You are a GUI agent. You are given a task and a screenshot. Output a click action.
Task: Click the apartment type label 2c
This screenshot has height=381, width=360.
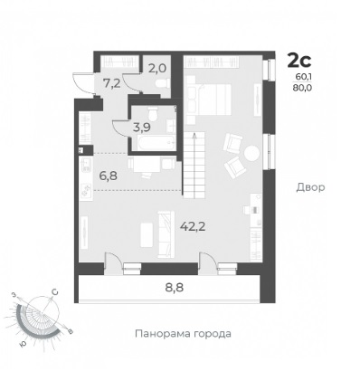click(299, 60)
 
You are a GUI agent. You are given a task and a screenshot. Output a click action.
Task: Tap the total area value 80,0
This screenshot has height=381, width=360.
click(303, 88)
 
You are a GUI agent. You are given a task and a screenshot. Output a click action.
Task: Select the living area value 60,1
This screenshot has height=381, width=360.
click(303, 77)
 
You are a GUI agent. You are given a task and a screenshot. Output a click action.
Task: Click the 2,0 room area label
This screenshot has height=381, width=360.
click(156, 69)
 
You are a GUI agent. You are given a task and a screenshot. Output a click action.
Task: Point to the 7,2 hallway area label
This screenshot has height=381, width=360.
click(111, 83)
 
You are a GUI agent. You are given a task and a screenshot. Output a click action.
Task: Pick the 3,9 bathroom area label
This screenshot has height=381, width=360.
click(142, 128)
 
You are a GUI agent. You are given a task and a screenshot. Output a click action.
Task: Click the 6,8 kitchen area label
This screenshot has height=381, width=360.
click(108, 176)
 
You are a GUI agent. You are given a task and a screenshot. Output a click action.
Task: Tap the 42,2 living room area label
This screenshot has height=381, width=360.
click(193, 226)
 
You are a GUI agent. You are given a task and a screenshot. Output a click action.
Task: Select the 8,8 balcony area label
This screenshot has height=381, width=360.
click(175, 288)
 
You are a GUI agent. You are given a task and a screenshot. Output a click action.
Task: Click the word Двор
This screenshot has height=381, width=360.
click(310, 187)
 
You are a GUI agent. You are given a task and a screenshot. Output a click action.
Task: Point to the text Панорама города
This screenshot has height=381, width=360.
click(183, 334)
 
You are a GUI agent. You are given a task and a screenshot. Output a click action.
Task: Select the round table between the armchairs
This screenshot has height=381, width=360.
click(251, 154)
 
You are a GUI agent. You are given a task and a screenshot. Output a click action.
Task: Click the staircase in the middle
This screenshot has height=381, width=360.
click(194, 166)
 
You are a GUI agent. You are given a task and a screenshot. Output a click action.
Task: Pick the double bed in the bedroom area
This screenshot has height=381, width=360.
click(209, 100)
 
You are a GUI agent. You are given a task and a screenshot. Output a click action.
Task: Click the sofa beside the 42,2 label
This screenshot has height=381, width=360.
click(166, 234)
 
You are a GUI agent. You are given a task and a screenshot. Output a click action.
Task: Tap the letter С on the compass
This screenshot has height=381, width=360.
click(55, 292)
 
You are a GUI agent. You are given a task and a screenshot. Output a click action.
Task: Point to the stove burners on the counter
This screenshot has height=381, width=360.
click(86, 190)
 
